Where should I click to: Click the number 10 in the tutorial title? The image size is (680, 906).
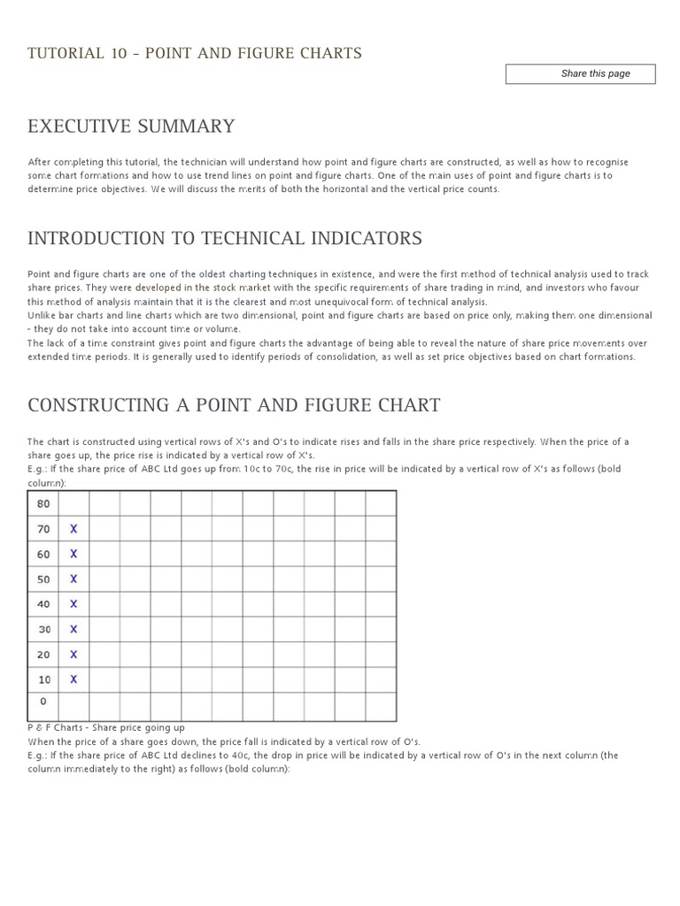pyautogui.click(x=120, y=53)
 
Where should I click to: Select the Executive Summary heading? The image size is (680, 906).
pyautogui.click(x=131, y=126)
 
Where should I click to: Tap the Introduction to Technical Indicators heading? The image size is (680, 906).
pyautogui.click(x=225, y=238)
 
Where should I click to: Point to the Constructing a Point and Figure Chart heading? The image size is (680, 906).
pyautogui.click(x=234, y=405)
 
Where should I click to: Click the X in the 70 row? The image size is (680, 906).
pyautogui.click(x=73, y=529)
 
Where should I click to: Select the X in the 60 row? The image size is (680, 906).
pyautogui.click(x=73, y=554)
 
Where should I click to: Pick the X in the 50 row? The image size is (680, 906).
pyautogui.click(x=73, y=579)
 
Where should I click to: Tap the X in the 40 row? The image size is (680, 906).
pyautogui.click(x=73, y=604)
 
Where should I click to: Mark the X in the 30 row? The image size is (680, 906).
pyautogui.click(x=73, y=629)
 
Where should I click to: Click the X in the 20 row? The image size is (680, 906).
pyautogui.click(x=73, y=655)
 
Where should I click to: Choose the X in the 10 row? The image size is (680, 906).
pyautogui.click(x=73, y=679)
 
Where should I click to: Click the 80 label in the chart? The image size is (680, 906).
pyautogui.click(x=43, y=503)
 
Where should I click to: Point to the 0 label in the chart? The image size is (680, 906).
pyautogui.click(x=42, y=701)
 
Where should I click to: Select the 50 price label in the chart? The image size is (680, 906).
pyautogui.click(x=43, y=579)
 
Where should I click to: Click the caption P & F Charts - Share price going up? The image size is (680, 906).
pyautogui.click(x=106, y=727)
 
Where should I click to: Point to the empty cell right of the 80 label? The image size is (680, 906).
pyautogui.click(x=73, y=503)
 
